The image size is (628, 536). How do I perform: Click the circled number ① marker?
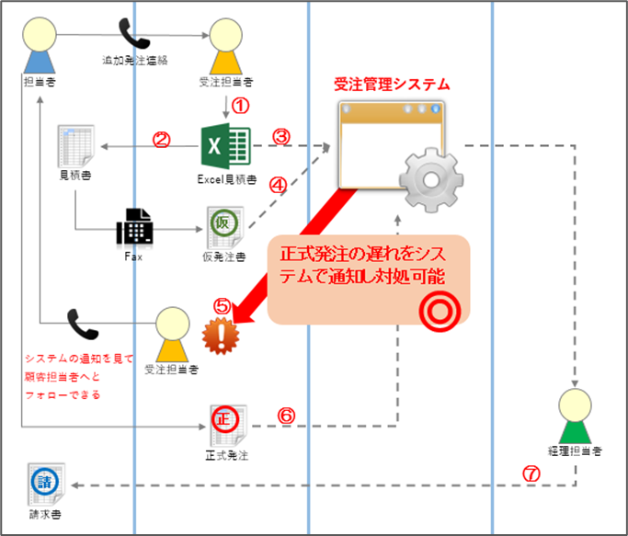click(x=241, y=106)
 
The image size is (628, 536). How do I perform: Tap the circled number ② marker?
click(x=162, y=141)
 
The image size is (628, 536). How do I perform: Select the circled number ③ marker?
click(x=282, y=136)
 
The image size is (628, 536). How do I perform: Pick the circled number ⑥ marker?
click(x=286, y=416)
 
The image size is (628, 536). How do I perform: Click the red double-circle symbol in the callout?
click(x=439, y=312)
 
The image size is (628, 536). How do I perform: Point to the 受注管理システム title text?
click(x=391, y=85)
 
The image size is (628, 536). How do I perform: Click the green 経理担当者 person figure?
click(x=577, y=415)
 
